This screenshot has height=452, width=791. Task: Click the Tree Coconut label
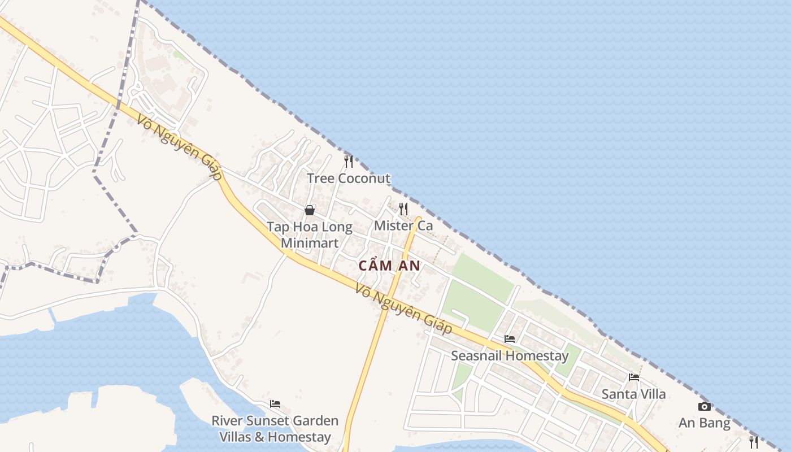click(x=349, y=179)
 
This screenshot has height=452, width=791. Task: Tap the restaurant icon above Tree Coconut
click(x=349, y=162)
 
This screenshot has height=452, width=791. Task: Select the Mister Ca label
click(x=403, y=226)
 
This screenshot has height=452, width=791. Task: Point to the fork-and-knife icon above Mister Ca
click(x=403, y=209)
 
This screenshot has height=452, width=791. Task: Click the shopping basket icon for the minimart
click(x=310, y=210)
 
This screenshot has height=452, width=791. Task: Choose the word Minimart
click(x=310, y=243)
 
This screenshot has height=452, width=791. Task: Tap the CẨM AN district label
click(x=389, y=265)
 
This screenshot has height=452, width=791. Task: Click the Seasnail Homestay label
click(x=510, y=356)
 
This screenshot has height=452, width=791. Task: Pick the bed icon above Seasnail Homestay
click(x=510, y=339)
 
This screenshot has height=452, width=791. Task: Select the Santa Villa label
click(x=633, y=394)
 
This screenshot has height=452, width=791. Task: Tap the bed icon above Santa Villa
click(x=634, y=377)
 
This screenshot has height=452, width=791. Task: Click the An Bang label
click(x=705, y=423)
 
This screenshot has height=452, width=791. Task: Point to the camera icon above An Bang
click(x=705, y=406)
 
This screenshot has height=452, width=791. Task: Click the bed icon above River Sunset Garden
click(x=275, y=403)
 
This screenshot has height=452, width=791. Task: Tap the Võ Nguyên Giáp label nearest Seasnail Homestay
click(x=404, y=310)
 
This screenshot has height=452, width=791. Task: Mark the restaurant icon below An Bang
click(x=753, y=442)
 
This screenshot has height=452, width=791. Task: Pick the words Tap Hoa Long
click(x=310, y=227)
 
